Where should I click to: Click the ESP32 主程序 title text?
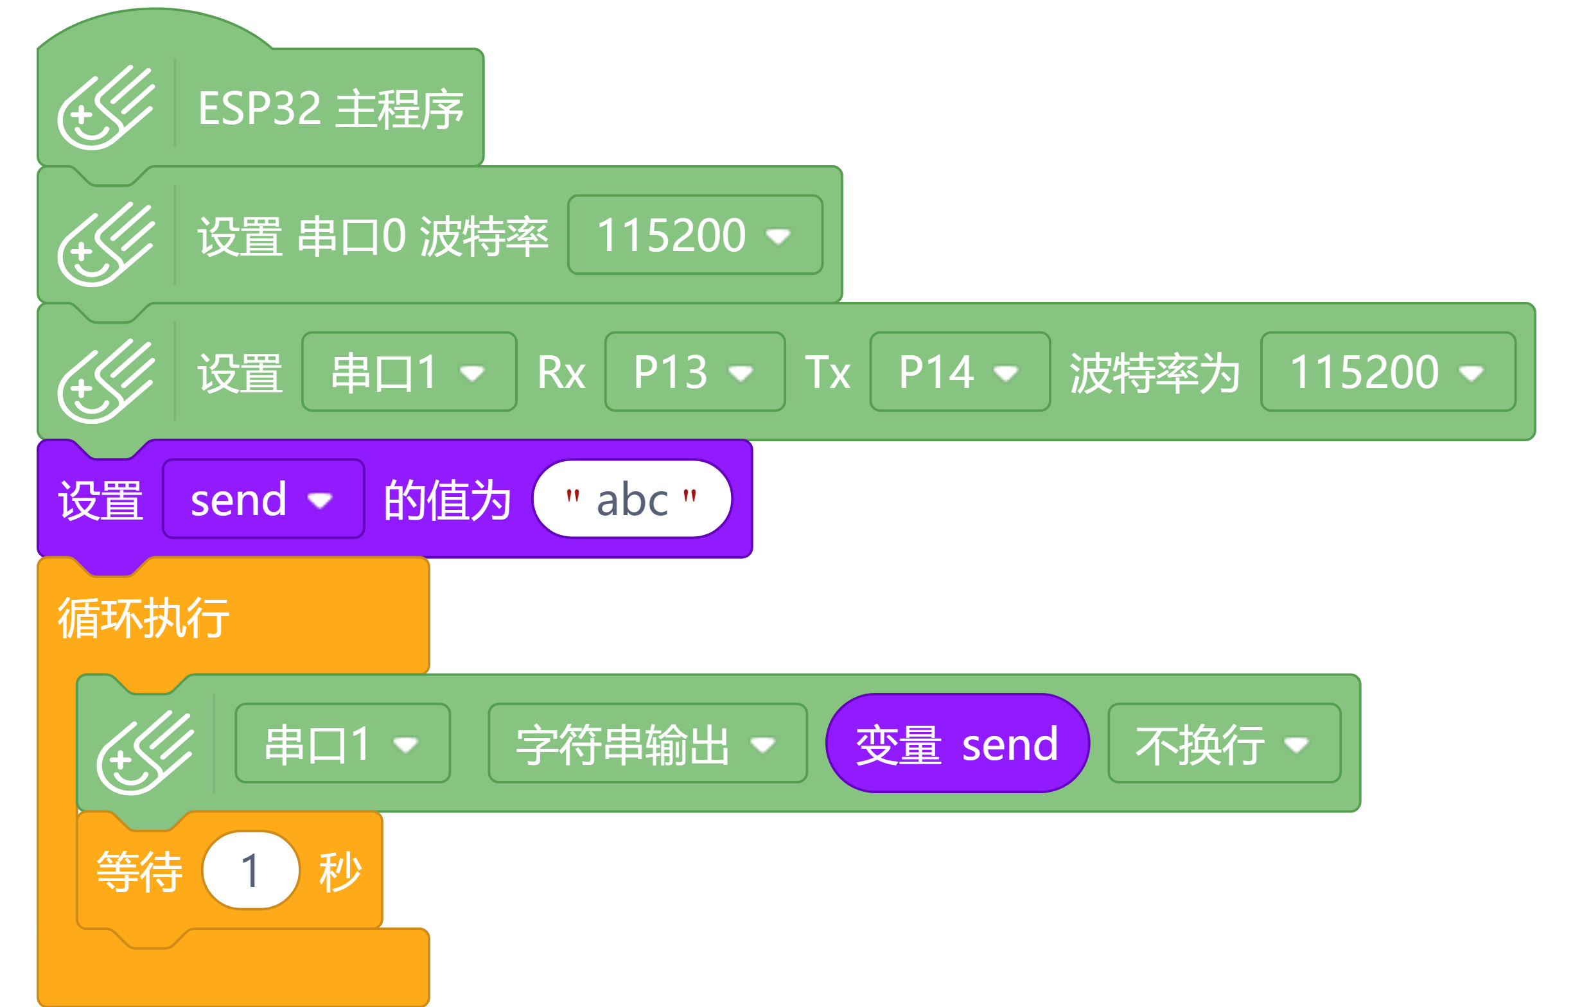pyautogui.click(x=331, y=109)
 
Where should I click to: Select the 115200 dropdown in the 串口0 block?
pyautogui.click(x=694, y=235)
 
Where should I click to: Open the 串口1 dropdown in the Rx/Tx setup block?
pyautogui.click(x=409, y=372)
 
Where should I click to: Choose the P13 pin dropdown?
pyautogui.click(x=694, y=372)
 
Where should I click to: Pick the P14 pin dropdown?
pyautogui.click(x=959, y=372)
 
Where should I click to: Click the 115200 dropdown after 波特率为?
pyautogui.click(x=1387, y=372)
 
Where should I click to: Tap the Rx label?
pyautogui.click(x=561, y=372)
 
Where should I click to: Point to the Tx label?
pyautogui.click(x=827, y=372)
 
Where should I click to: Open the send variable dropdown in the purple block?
pyautogui.click(x=263, y=500)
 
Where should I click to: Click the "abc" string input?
pyautogui.click(x=631, y=500)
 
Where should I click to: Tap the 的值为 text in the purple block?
pyautogui.click(x=447, y=500)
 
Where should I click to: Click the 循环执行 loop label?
pyautogui.click(x=144, y=617)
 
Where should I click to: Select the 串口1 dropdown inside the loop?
pyautogui.click(x=342, y=744)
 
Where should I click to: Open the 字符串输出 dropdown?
pyautogui.click(x=647, y=744)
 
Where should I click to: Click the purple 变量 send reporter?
pyautogui.click(x=957, y=744)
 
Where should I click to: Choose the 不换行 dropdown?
pyautogui.click(x=1224, y=744)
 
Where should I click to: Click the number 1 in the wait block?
pyautogui.click(x=250, y=870)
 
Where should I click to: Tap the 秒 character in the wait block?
pyautogui.click(x=340, y=871)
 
